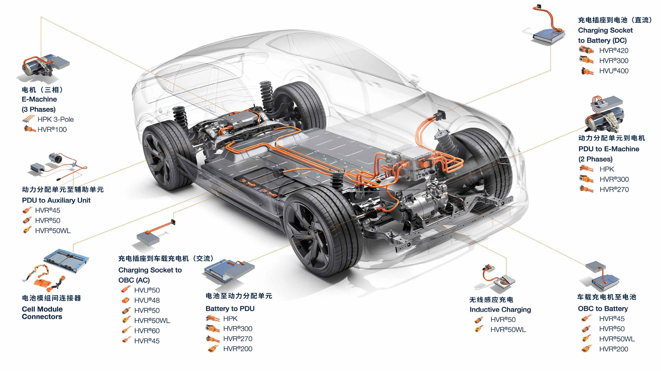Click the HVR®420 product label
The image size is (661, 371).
614,51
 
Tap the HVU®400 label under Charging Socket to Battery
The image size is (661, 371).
614,71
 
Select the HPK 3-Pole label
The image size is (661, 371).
55,119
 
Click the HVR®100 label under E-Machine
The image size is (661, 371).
52,130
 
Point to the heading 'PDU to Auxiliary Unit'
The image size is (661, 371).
56,200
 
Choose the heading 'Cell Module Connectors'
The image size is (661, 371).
42,313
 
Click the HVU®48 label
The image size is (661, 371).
147,300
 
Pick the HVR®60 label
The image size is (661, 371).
147,331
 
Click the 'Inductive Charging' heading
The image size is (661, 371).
500,310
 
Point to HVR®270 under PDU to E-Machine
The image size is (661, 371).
614,190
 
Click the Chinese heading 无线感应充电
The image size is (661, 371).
491,300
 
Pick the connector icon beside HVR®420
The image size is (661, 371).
586,50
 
